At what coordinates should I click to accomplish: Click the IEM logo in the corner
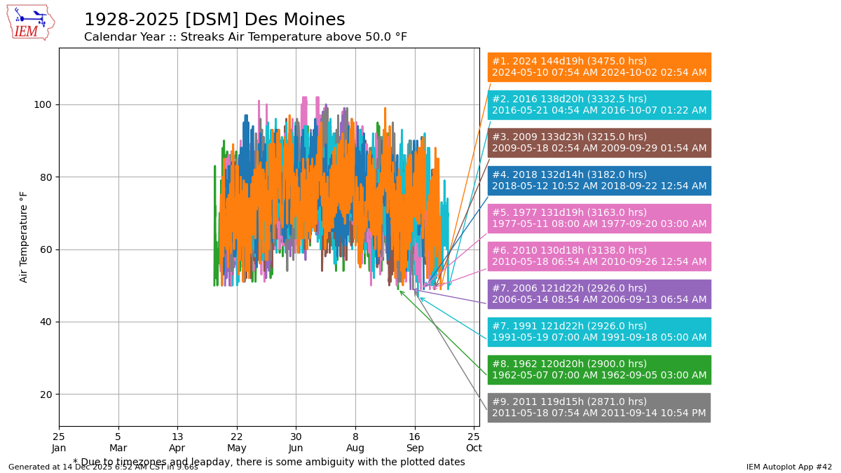tap(30, 22)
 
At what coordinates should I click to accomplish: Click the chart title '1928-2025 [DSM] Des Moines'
tap(214, 20)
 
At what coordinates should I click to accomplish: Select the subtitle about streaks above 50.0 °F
tap(245, 37)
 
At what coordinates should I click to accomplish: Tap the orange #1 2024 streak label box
tap(599, 67)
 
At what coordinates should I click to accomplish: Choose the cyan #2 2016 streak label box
tap(599, 105)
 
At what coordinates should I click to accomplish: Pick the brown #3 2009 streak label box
tap(599, 143)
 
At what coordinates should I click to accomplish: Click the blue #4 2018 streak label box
tap(599, 181)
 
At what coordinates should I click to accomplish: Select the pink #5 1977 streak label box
tap(599, 219)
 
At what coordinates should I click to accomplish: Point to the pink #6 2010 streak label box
tap(599, 256)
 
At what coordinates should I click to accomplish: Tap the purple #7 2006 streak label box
tap(599, 294)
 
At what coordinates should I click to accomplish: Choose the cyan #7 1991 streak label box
tap(599, 332)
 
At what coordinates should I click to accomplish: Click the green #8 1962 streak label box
tap(599, 370)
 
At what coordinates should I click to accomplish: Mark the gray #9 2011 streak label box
tap(599, 408)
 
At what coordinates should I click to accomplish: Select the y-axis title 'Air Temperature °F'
tap(24, 237)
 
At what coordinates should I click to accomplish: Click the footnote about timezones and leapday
tap(269, 462)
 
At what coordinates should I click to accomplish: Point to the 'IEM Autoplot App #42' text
tap(788, 467)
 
